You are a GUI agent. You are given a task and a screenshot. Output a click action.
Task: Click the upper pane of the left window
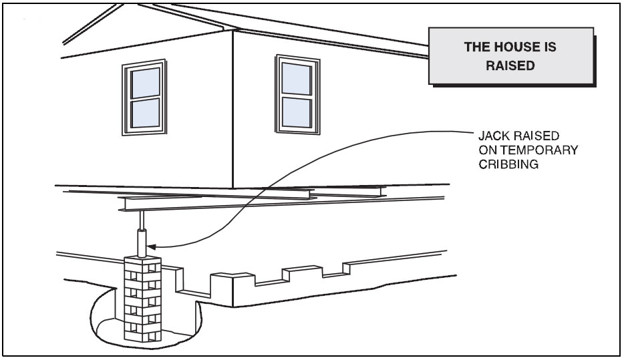tap(145, 83)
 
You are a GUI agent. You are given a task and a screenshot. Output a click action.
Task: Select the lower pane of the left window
tap(145, 113)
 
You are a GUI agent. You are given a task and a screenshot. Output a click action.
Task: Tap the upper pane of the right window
tap(295, 78)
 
